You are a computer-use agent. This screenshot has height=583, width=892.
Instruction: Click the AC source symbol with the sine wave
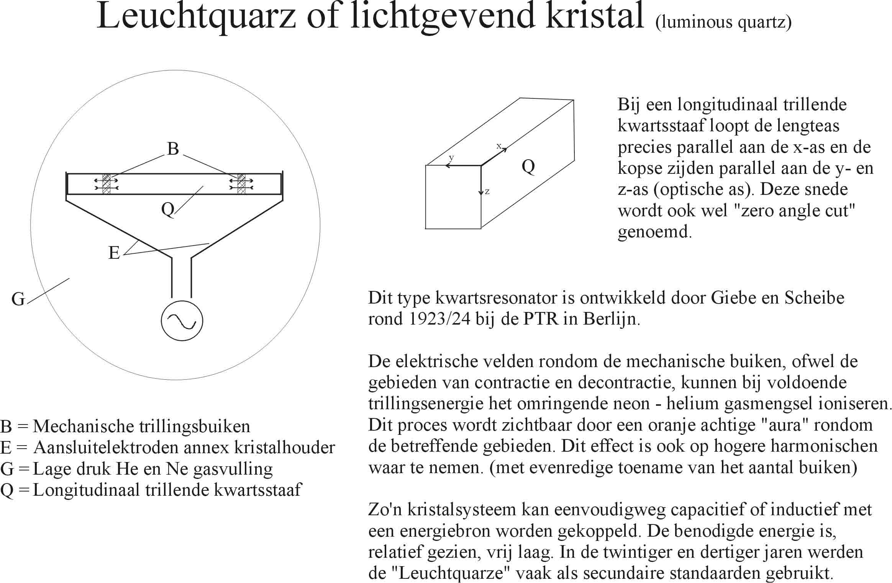pos(182,321)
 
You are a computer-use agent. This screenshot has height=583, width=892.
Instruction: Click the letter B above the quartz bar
pos(173,149)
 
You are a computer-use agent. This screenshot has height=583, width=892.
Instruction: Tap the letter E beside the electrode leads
pos(114,253)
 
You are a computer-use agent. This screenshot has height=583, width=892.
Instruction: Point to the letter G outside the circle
pos(18,299)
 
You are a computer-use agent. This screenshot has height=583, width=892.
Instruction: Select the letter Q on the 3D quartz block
pos(528,167)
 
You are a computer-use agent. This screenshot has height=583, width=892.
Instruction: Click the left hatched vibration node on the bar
pos(107,184)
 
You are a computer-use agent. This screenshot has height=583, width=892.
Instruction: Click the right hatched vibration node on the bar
pos(241,184)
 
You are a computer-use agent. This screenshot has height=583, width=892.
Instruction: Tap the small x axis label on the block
pos(499,146)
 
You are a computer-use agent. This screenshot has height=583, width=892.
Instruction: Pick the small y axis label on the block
pos(451,157)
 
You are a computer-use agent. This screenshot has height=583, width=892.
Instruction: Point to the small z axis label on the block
pos(487,191)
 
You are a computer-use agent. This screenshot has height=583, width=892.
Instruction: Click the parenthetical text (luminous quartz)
pos(723,22)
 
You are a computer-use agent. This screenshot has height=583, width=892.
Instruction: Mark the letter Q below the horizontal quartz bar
pos(168,209)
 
